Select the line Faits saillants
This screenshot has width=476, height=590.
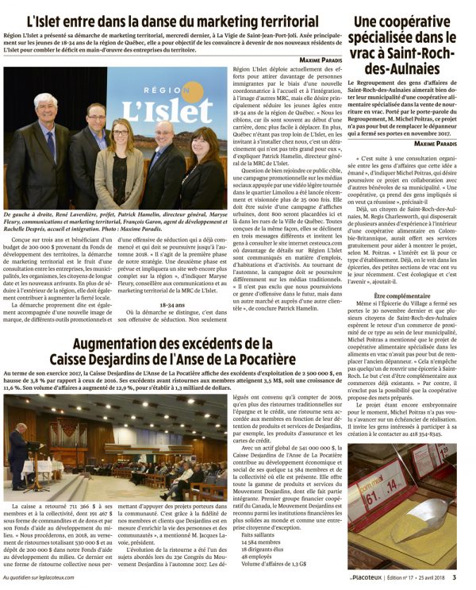tap(259, 535)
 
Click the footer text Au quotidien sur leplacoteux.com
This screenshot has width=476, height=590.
tap(47, 577)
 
